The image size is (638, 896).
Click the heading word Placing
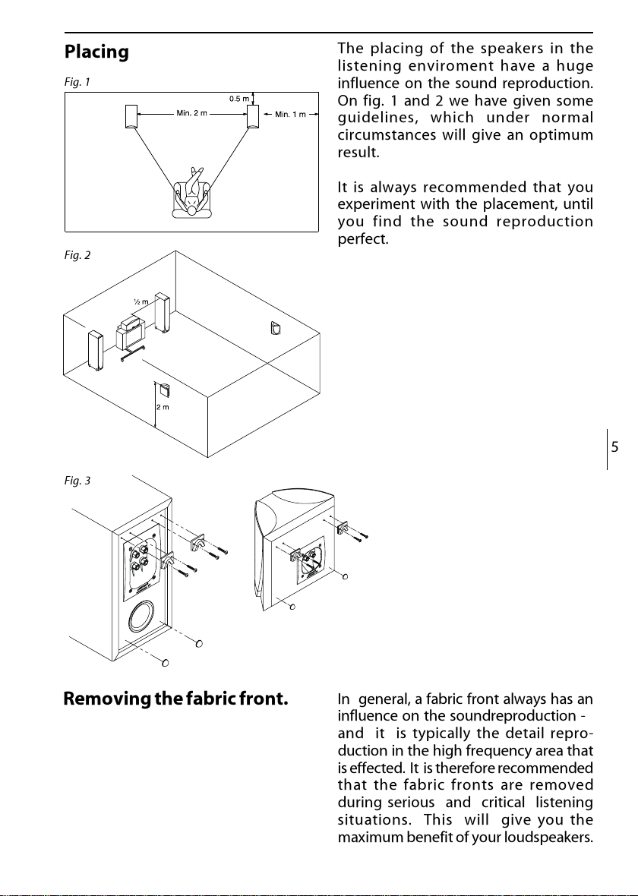[96, 53]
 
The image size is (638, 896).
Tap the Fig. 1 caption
[74, 82]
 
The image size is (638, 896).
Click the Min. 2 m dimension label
[191, 115]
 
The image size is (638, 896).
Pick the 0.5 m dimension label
[239, 99]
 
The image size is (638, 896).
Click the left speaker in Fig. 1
[131, 115]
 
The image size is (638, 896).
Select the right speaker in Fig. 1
[253, 115]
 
